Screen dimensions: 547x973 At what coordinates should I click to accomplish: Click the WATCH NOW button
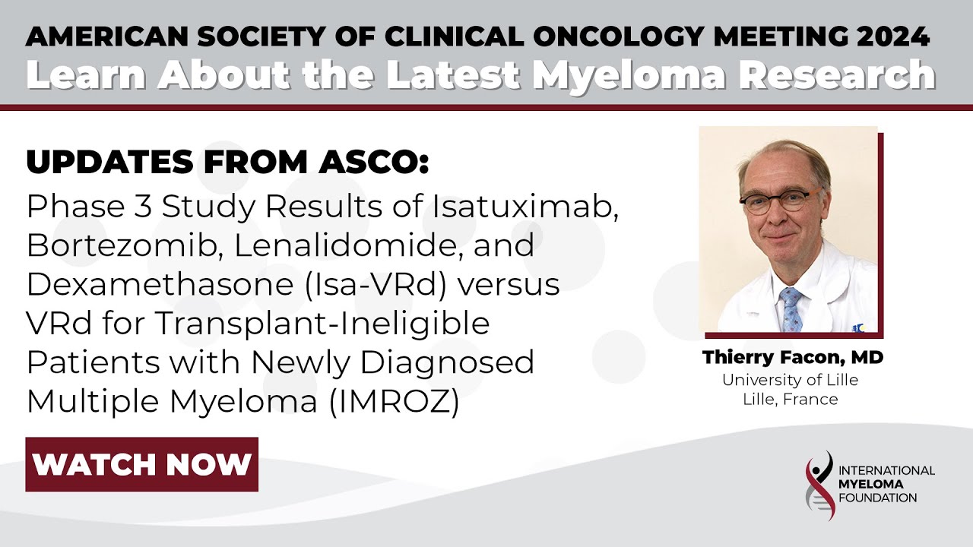click(142, 464)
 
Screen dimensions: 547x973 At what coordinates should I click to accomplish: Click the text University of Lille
click(791, 380)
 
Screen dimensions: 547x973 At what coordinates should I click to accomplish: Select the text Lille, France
click(791, 399)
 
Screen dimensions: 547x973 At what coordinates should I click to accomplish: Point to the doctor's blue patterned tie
click(791, 307)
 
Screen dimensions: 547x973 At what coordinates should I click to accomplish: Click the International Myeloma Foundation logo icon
click(818, 485)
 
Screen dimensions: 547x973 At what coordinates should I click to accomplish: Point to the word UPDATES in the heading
click(97, 161)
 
